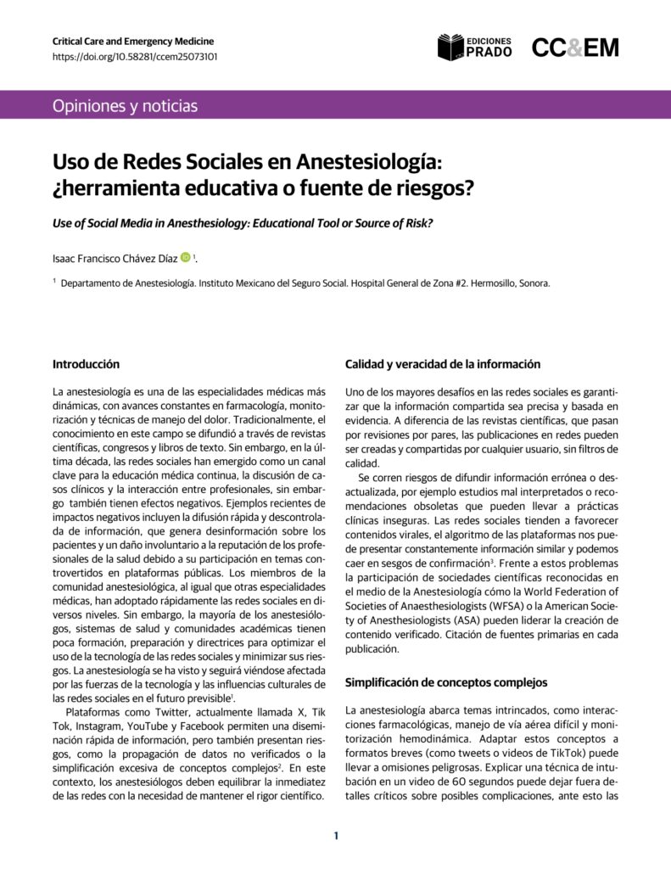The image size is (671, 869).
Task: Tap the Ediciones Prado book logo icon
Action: tap(450, 48)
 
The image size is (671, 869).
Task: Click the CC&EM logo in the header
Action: tap(575, 48)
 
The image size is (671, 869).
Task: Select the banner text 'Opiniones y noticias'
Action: tap(125, 106)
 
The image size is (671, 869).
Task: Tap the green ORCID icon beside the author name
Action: tap(185, 257)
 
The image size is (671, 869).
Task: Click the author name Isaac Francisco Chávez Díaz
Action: tap(115, 258)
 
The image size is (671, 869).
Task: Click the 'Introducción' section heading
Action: tap(86, 364)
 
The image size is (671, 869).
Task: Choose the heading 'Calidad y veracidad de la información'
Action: tap(442, 364)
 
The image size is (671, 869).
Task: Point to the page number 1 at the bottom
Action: tap(336, 836)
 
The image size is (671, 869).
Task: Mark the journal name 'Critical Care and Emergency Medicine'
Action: tap(133, 41)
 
